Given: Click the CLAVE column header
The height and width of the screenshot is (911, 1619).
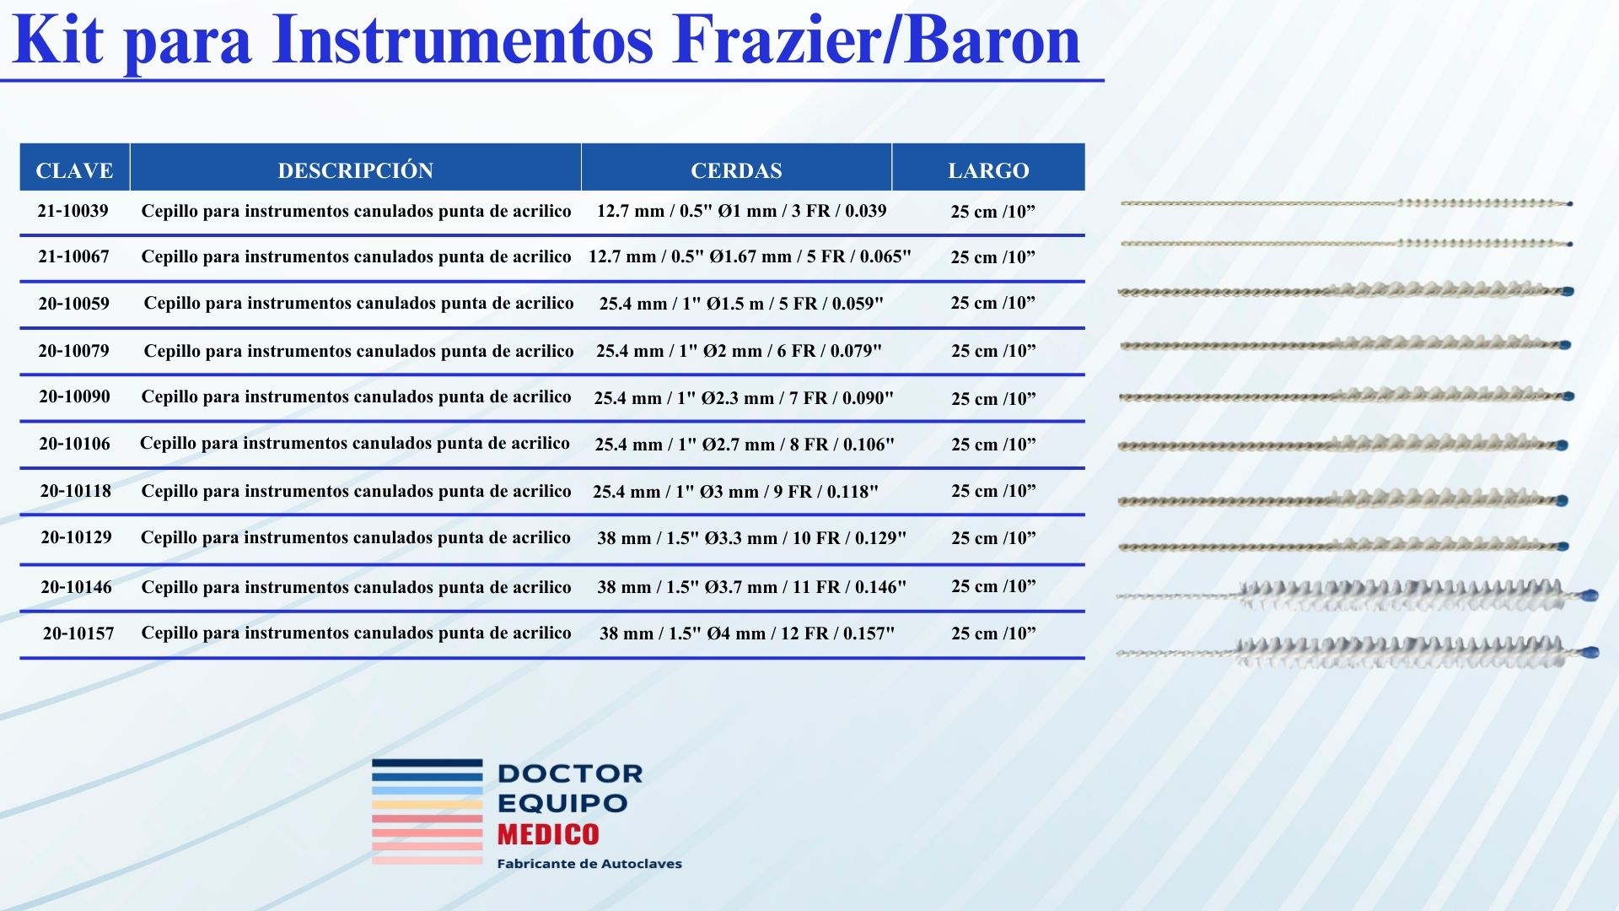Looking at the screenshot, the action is [x=74, y=170].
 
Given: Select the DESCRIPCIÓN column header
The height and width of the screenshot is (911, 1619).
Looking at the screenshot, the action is [x=355, y=170].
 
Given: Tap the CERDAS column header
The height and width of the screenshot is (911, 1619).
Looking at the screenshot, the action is [x=736, y=170].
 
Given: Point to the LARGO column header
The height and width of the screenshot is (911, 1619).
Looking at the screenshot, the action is [x=988, y=170].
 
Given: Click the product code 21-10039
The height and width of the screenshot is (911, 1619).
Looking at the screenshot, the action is [x=73, y=211].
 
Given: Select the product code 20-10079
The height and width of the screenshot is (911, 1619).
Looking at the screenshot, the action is [x=73, y=351].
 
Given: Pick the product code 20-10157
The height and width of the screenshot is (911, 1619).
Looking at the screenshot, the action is [x=78, y=633].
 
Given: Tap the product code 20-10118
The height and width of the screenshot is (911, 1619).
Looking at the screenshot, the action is [x=76, y=491].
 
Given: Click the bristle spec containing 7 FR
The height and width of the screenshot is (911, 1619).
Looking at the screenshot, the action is [x=744, y=398].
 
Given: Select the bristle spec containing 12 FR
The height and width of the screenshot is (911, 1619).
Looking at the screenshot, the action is [x=747, y=633].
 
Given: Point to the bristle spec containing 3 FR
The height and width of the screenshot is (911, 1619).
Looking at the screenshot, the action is [x=742, y=211].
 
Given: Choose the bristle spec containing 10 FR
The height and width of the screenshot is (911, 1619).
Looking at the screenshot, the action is [x=752, y=538].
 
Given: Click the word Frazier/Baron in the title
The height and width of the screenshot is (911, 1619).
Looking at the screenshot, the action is [x=876, y=40].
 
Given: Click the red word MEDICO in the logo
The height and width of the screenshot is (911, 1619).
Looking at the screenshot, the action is [x=548, y=834].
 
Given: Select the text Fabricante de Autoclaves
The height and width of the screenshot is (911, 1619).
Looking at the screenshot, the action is [x=589, y=864].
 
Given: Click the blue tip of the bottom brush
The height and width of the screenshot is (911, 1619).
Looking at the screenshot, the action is [x=1590, y=652].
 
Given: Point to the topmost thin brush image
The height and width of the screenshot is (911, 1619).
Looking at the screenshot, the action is [x=1347, y=203].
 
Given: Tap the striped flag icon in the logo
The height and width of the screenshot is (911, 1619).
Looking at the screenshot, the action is [x=428, y=811].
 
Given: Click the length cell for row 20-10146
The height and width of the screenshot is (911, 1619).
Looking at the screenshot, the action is [x=993, y=586].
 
